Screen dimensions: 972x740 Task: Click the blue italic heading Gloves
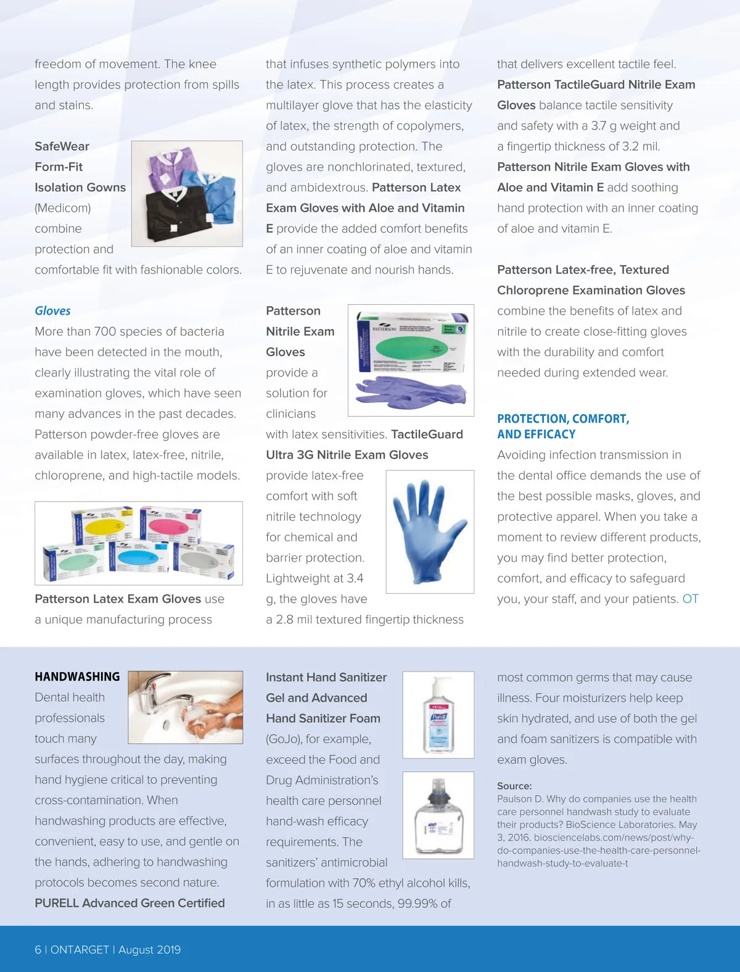coord(52,311)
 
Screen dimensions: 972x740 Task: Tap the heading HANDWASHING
coord(77,677)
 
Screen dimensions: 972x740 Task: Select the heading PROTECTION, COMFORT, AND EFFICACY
coord(563,426)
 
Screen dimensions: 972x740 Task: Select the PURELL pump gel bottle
coord(438,716)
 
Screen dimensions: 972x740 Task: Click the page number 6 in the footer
coord(38,950)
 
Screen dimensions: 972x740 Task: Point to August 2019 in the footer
coord(150,950)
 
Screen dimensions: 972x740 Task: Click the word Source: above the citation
coord(514,786)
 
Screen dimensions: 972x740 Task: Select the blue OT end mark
coord(690,599)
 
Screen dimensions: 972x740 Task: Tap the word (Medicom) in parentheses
coord(63,208)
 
